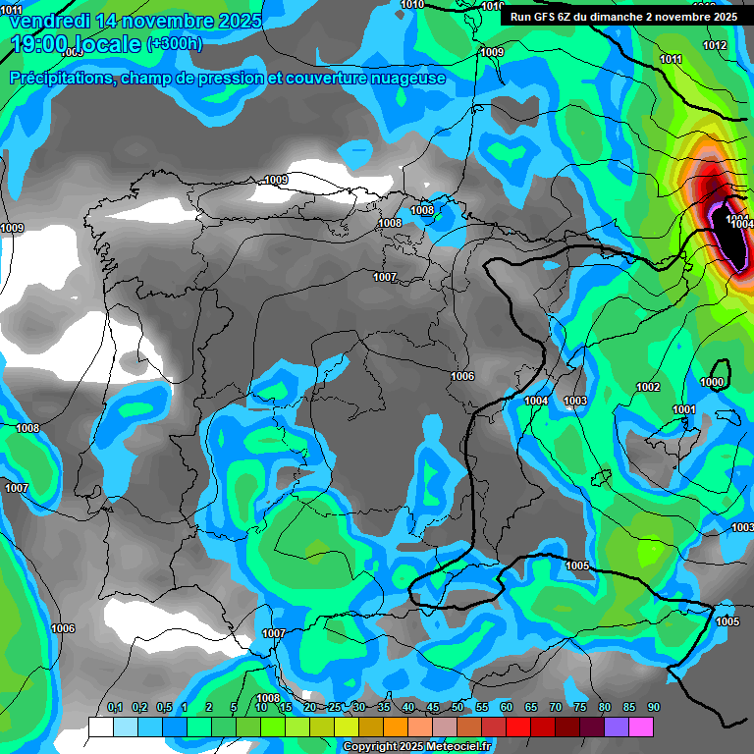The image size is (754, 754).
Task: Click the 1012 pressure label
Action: tap(715, 46)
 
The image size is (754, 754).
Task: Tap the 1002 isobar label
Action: tap(648, 388)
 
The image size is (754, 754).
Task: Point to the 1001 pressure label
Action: tap(684, 409)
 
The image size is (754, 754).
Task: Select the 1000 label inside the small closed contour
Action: tap(713, 382)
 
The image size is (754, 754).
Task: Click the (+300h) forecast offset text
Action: tap(175, 43)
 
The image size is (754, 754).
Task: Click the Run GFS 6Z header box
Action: tap(623, 17)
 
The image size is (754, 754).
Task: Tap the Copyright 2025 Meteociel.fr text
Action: tap(416, 747)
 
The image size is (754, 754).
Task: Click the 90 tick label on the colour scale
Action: tap(653, 708)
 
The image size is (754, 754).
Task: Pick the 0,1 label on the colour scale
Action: tap(115, 708)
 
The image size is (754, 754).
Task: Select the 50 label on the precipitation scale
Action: tap(458, 708)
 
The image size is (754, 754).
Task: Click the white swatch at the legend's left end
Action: tap(101, 727)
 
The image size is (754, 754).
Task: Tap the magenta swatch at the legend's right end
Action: tap(641, 727)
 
